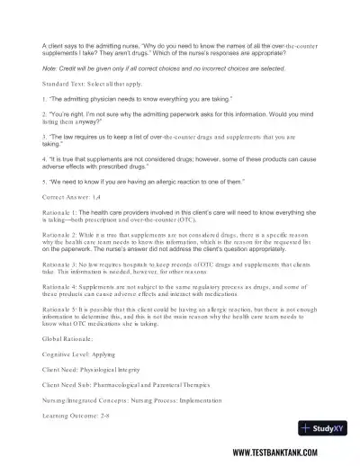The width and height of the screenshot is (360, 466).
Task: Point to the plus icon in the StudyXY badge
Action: [x=306, y=428]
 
